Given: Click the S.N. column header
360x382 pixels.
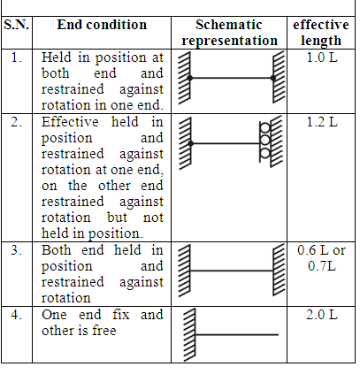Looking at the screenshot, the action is (x=17, y=25).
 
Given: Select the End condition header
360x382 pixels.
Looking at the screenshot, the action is (x=102, y=25).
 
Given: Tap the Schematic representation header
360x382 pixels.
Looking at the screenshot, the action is (x=229, y=33).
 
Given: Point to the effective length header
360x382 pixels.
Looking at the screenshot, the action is (x=321, y=33).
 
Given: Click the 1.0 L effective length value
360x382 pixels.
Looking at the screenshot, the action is (x=322, y=57).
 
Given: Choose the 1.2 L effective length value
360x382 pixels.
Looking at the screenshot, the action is (x=322, y=122).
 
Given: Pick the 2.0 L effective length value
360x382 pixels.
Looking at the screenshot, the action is (x=322, y=315).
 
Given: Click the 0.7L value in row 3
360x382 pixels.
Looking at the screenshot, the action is (x=322, y=266).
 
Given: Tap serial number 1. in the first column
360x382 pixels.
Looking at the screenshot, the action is (x=17, y=57).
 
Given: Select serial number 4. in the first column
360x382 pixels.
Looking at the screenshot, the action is (x=17, y=315).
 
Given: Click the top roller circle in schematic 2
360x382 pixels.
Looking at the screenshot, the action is (x=265, y=128).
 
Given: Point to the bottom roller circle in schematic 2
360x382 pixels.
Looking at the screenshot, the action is (x=265, y=153).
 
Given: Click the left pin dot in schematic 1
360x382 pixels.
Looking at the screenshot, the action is (x=190, y=78).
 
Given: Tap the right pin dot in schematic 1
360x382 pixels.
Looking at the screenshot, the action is (x=273, y=78).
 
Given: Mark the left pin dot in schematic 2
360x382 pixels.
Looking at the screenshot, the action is (x=191, y=143).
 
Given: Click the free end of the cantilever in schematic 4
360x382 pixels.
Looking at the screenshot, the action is (x=279, y=334).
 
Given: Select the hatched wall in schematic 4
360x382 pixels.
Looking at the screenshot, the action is (x=189, y=334).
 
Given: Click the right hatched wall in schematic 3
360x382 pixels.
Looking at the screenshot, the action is (x=279, y=270).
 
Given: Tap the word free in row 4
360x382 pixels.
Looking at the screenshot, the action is (x=104, y=331).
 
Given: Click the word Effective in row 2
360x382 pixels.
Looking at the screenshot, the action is (x=70, y=122).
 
